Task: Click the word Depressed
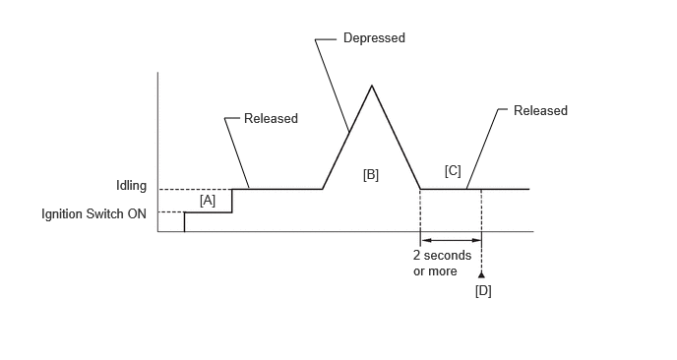coord(374,38)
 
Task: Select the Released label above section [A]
coord(271,118)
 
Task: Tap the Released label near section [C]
coord(540,110)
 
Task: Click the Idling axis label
coord(131,186)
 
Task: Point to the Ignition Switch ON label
coord(93,213)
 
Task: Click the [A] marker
coord(208,201)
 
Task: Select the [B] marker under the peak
coord(370,175)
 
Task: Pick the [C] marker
coord(453,171)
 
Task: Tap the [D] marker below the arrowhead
coord(483,291)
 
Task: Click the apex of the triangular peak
coord(372,86)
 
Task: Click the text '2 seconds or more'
coord(442,264)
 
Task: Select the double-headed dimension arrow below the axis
coord(451,240)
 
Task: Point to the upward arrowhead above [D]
coord(481,275)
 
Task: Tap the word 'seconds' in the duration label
coord(448,256)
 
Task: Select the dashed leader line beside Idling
coord(196,190)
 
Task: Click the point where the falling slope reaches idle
coord(420,189)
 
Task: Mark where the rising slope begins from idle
coord(323,189)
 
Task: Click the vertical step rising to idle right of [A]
coord(232,201)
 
